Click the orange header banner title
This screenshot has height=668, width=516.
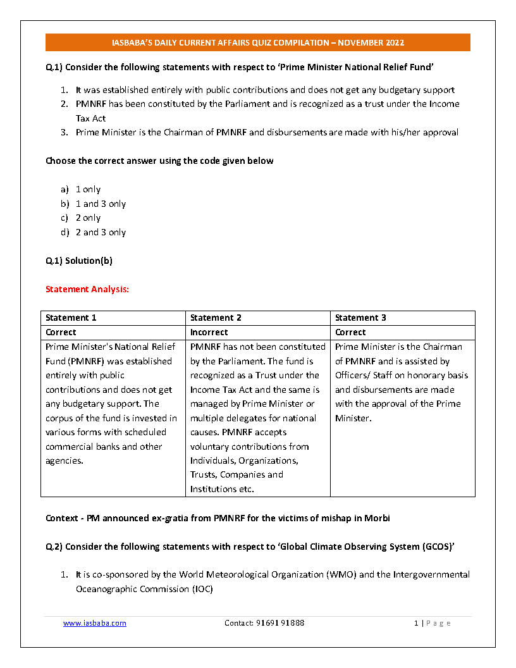tap(257, 43)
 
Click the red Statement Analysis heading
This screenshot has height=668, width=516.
tap(87, 289)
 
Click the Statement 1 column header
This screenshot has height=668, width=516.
tap(71, 318)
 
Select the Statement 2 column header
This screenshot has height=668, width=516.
tap(216, 318)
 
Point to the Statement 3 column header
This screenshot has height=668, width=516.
tap(360, 318)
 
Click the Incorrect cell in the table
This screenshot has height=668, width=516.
tap(209, 332)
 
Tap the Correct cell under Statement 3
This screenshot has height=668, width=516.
tap(351, 332)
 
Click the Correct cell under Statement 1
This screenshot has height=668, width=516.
tap(61, 332)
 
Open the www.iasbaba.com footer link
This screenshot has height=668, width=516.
tap(95, 623)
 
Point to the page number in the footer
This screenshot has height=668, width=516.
tap(417, 623)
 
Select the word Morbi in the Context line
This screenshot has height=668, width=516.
tap(378, 518)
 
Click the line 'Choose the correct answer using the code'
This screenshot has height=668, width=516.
tap(159, 161)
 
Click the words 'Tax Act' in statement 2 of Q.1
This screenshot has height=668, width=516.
tap(90, 118)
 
